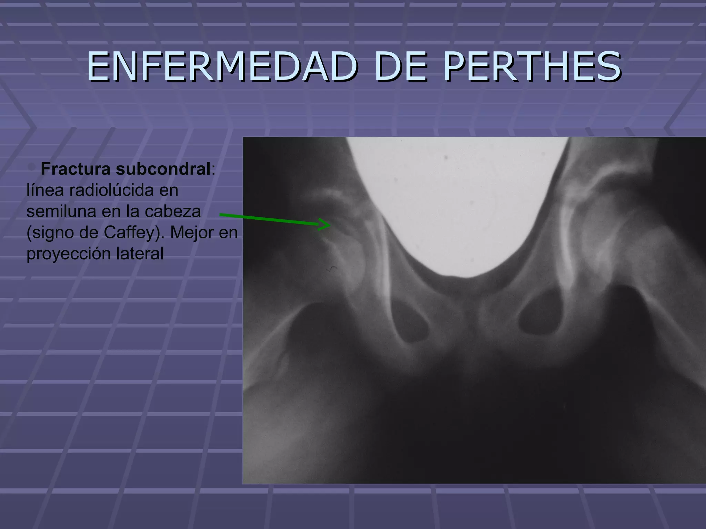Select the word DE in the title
(401, 66)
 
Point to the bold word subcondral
(163, 169)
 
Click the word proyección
(69, 254)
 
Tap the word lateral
(140, 254)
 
